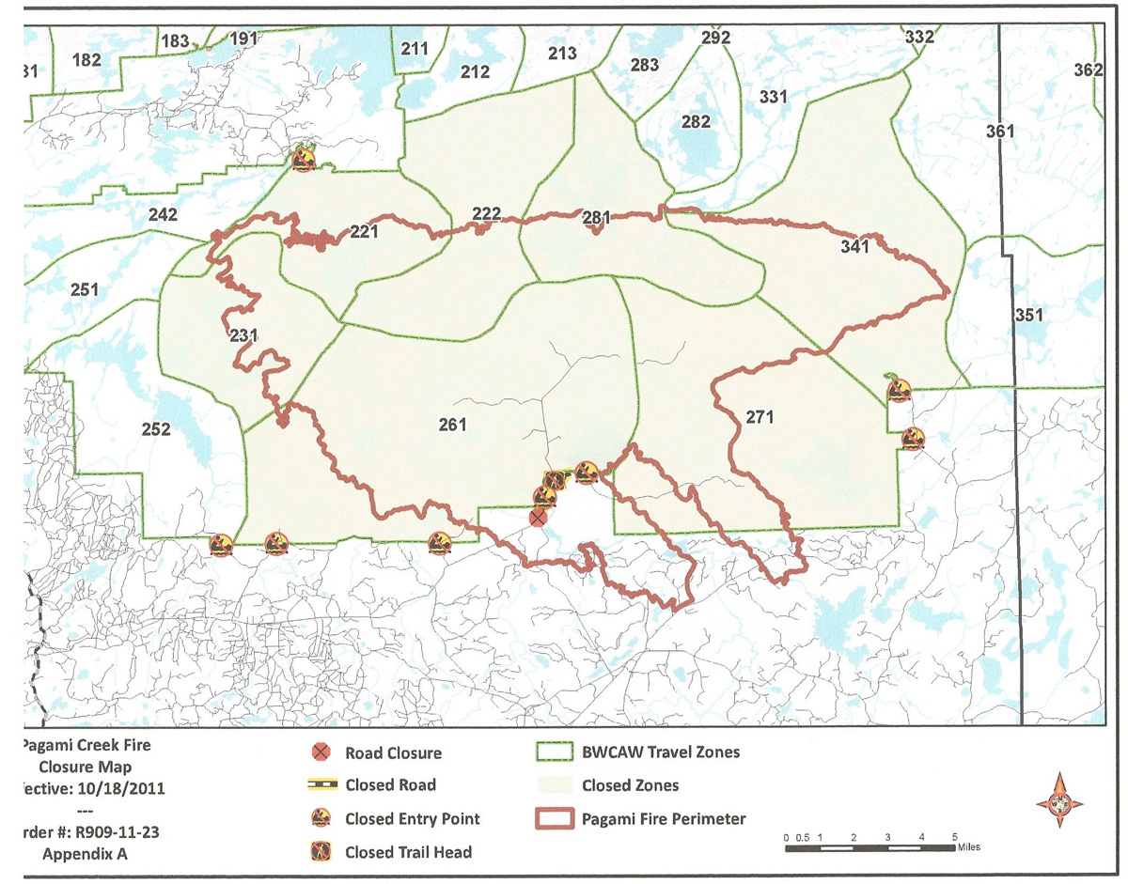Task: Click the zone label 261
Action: [x=452, y=425]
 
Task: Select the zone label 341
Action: [x=856, y=247]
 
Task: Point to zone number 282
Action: [x=696, y=122]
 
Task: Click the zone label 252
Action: [x=156, y=429]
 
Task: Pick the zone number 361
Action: [x=1000, y=132]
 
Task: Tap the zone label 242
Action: [x=163, y=215]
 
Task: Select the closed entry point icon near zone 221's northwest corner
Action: [x=303, y=157]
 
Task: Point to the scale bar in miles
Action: [x=869, y=847]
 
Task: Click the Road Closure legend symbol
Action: [x=321, y=752]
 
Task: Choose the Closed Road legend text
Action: [x=390, y=785]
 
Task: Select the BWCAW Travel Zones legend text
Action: [x=661, y=752]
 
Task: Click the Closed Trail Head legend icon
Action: [x=321, y=852]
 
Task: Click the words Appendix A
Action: [x=86, y=854]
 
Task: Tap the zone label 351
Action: [x=1029, y=315]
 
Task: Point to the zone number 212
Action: [x=475, y=71]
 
